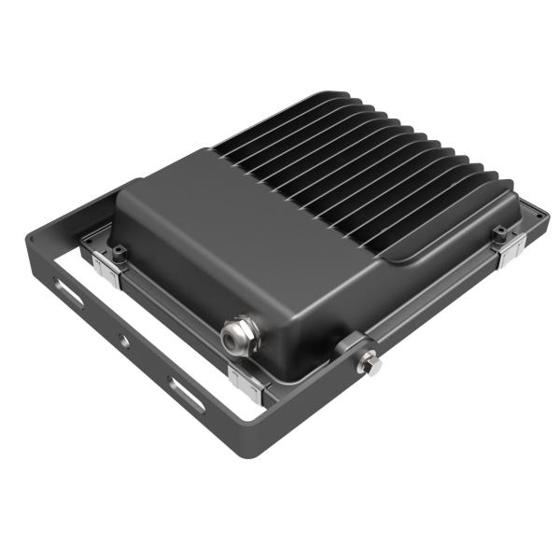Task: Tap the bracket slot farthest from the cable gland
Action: pyautogui.click(x=70, y=293)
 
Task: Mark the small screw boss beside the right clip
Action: pyautogui.click(x=499, y=230)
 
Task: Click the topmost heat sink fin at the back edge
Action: pyautogui.click(x=327, y=97)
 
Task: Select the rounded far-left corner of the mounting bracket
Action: pyautogui.click(x=34, y=245)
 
